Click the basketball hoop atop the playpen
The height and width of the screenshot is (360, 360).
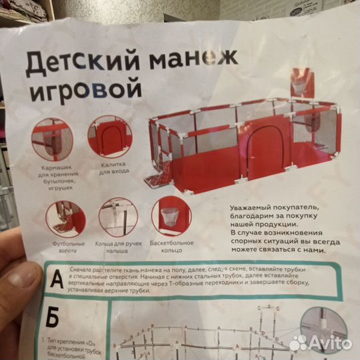click(x=299, y=85)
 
